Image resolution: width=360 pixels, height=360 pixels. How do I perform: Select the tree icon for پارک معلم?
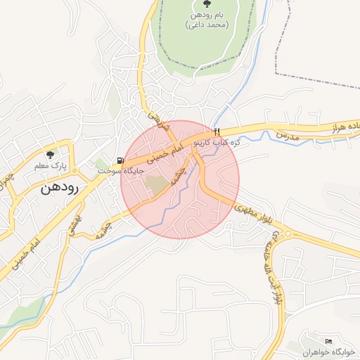tap(49, 154)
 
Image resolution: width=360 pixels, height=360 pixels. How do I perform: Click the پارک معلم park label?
tap(49, 165)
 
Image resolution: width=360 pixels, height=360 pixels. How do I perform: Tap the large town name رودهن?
tap(58, 188)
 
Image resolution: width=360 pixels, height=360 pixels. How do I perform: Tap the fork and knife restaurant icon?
tap(217, 131)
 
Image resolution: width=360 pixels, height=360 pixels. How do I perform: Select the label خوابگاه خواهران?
tap(326, 351)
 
